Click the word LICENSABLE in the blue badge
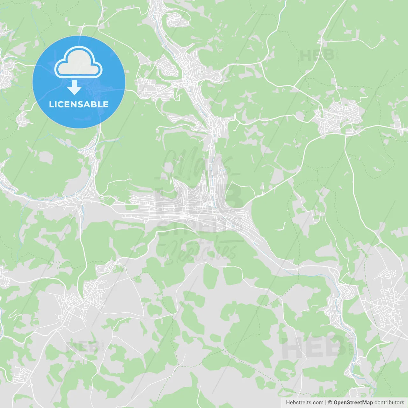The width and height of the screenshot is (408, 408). pos(79,105)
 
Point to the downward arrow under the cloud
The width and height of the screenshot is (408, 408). pos(75,88)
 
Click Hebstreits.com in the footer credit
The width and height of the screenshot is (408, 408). pos(304,403)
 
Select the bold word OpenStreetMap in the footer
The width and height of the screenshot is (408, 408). pos(353,403)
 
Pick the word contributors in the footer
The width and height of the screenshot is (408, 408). pos(389,403)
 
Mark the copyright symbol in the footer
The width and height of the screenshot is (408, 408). pos(330,403)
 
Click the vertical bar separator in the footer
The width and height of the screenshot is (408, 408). pos(326,403)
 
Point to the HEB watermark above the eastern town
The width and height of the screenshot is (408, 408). pos(317,56)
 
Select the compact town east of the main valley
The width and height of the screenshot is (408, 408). pos(339,116)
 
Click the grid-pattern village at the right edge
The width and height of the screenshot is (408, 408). pos(387,306)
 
